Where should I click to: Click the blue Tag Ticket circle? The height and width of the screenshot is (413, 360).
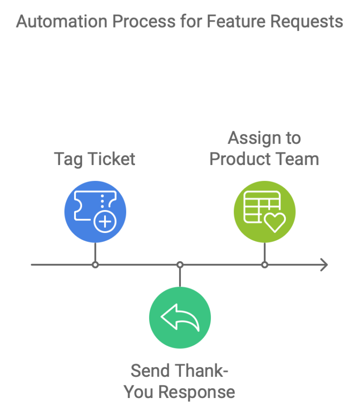95,211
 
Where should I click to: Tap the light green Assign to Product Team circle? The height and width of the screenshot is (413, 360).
265,211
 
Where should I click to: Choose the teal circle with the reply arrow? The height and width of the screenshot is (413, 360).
180,318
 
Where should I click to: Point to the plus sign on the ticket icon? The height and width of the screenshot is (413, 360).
104,222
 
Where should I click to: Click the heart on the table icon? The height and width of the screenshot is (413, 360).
275,222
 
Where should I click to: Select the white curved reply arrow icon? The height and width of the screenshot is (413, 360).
180,317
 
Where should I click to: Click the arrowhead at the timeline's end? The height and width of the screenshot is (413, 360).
323,265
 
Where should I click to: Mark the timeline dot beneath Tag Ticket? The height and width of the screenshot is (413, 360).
95,265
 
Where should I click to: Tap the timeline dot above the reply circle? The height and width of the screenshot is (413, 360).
180,265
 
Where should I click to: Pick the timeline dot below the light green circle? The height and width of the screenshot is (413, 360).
265,265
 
